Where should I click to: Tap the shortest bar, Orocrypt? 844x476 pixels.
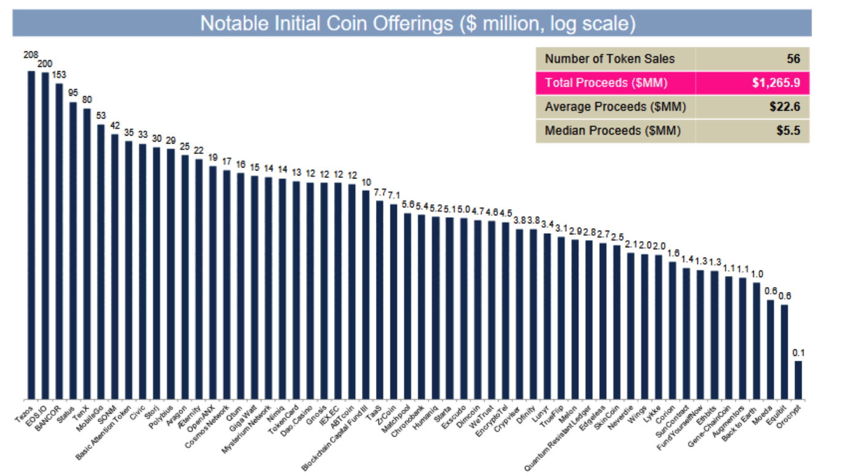pos(798,380)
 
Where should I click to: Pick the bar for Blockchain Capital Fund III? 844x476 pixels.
pos(366,294)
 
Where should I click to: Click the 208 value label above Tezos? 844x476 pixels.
pos(31,55)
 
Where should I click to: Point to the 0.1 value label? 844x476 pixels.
pos(799,353)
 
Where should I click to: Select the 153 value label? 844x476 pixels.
pos(59,74)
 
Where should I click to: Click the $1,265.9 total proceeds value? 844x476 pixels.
pos(776,83)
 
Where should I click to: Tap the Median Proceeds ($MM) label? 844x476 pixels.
pos(612,131)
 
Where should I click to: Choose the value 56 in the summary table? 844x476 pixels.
pos(793,59)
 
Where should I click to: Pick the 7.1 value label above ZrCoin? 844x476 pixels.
pos(394,195)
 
